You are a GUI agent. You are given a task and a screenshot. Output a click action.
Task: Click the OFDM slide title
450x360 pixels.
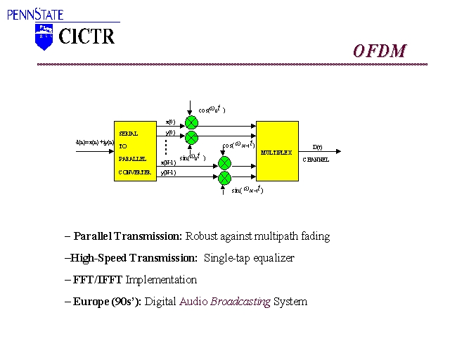[380, 51]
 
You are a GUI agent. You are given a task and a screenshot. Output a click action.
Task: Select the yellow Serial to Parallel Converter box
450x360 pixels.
[135, 150]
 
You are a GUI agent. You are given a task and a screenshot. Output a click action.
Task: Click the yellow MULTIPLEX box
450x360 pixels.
[277, 150]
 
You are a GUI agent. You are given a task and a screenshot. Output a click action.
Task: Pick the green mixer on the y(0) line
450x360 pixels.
[191, 138]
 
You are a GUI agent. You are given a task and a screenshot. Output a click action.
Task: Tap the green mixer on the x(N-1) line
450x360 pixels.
[224, 163]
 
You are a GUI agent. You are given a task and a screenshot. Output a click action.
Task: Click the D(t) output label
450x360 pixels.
[317, 147]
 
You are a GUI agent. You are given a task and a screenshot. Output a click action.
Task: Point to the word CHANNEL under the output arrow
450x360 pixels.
[316, 160]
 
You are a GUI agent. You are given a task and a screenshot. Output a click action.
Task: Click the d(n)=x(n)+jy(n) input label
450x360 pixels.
[94, 142]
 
